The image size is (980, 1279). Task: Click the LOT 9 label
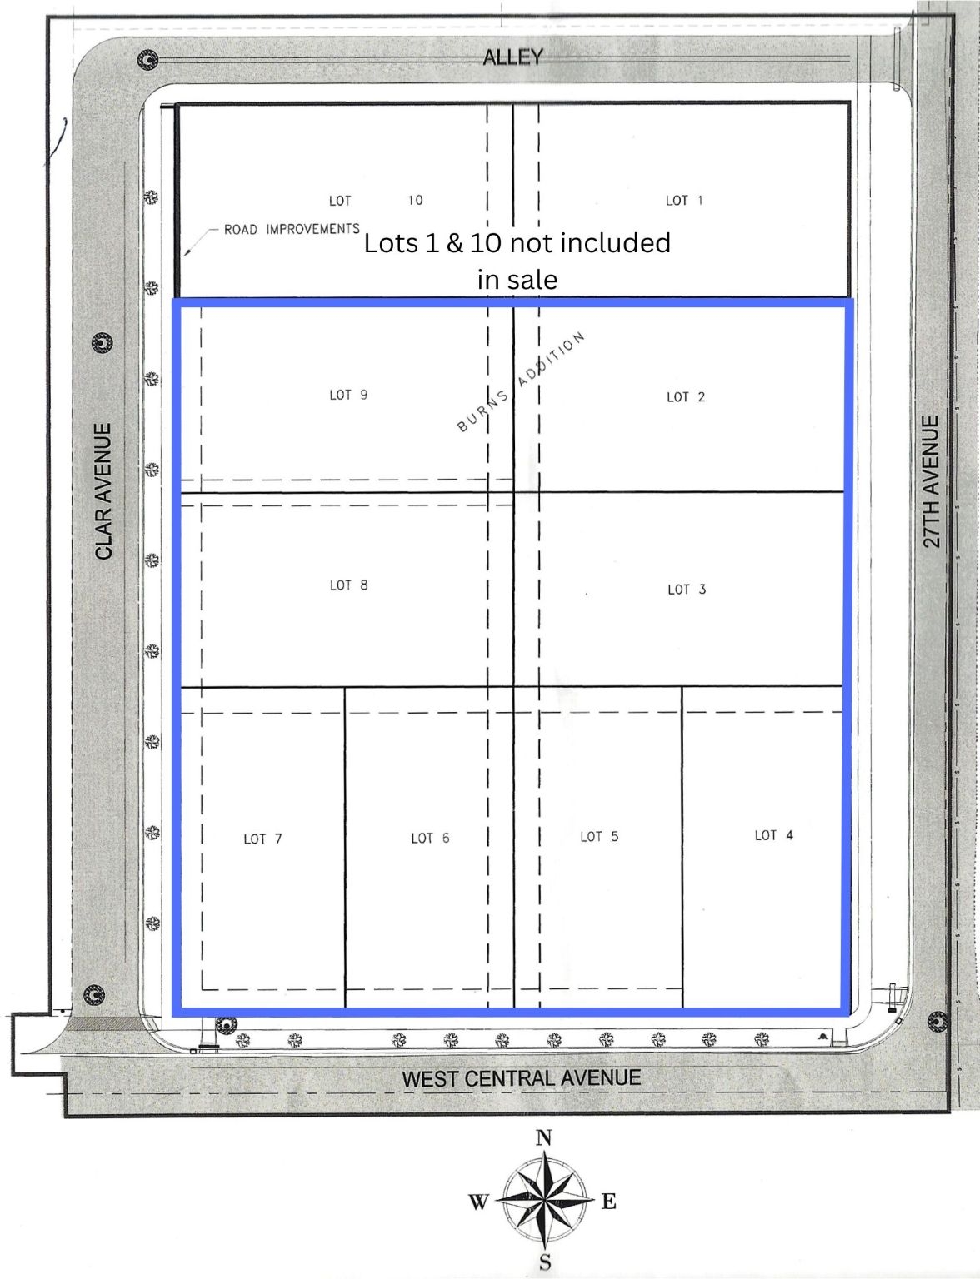click(348, 395)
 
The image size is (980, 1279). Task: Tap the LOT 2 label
click(685, 397)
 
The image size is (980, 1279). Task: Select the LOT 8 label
click(348, 585)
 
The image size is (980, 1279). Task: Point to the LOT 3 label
click(686, 590)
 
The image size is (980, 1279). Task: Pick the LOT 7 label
click(262, 839)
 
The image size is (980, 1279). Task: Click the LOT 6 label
click(430, 838)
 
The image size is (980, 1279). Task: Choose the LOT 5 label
click(599, 836)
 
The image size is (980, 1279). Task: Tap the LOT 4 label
click(773, 835)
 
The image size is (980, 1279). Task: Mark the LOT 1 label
click(683, 200)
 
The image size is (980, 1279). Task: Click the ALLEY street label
click(512, 57)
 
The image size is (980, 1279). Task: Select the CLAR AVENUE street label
click(103, 491)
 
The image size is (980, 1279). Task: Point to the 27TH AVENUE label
click(931, 481)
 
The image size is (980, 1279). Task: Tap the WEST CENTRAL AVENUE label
click(522, 1078)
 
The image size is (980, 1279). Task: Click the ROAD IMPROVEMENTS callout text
click(292, 229)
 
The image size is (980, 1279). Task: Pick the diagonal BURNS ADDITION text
click(521, 382)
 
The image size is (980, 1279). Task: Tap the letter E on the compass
click(608, 1202)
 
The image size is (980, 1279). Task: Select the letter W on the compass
click(478, 1202)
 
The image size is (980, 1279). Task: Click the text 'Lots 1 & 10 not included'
click(517, 242)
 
